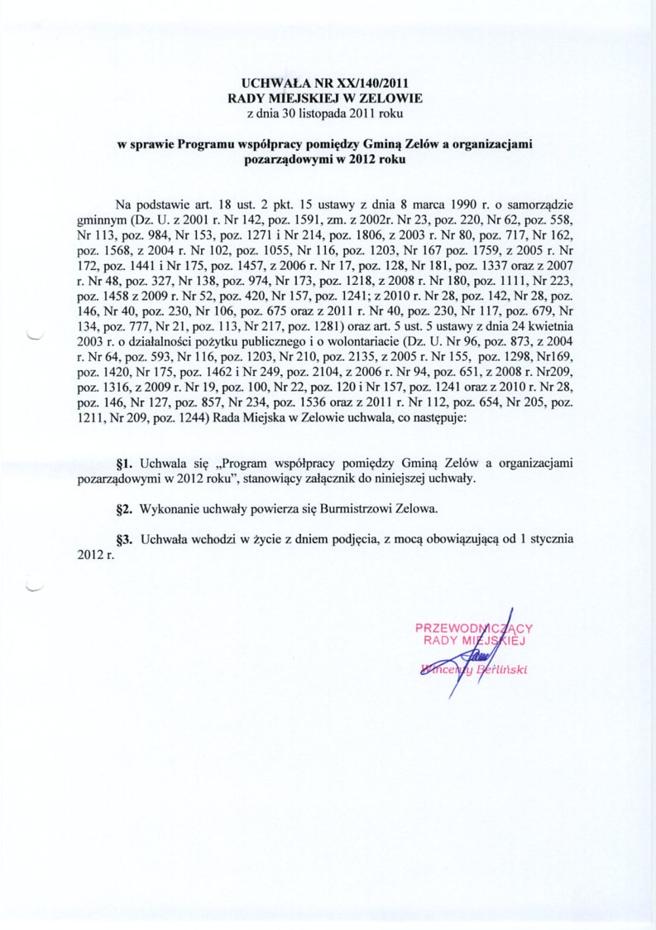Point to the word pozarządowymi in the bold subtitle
coord(286,157)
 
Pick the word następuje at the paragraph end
coord(435,420)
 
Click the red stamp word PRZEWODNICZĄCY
coord(474,628)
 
